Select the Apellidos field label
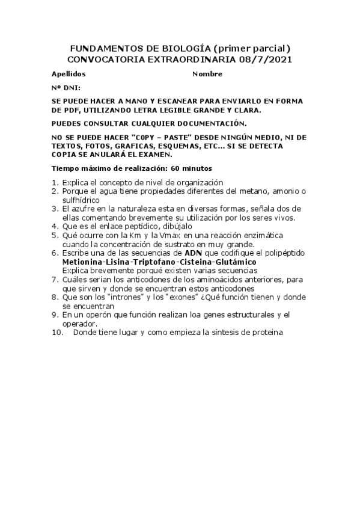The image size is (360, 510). coord(69,74)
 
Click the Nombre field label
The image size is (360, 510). coord(207,74)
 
